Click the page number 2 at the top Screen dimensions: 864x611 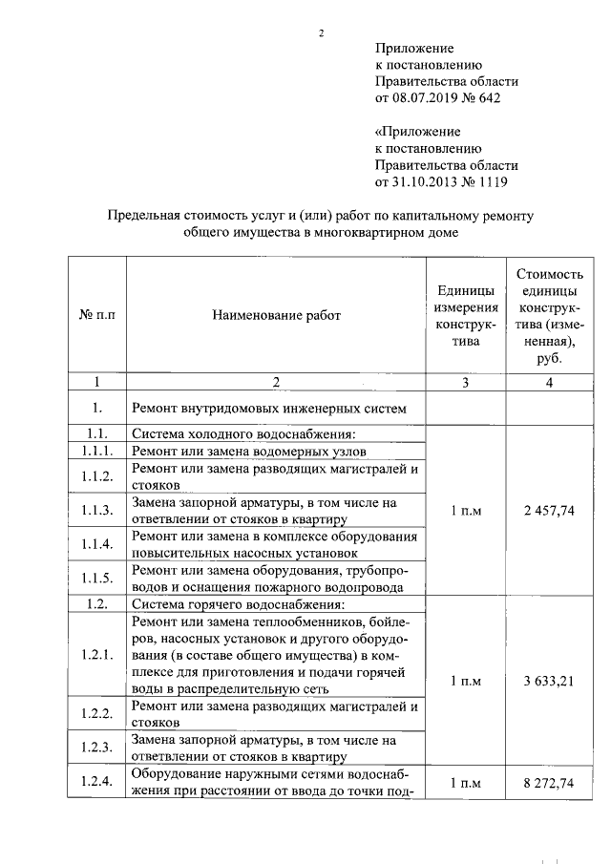click(322, 34)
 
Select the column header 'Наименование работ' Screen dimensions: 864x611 click(275, 315)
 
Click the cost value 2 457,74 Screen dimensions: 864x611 click(549, 511)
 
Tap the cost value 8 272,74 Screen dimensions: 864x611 click(549, 783)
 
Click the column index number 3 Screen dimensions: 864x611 click(465, 383)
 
